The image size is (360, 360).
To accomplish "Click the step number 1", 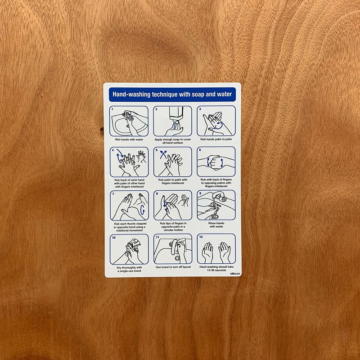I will (x=112, y=109).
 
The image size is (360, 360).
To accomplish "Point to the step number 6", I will (x=200, y=150).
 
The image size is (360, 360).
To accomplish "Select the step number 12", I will (x=201, y=237).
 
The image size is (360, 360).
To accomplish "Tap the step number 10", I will (x=114, y=237).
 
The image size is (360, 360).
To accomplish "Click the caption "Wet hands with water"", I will (x=129, y=139).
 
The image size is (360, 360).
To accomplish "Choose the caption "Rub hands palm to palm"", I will (x=216, y=139).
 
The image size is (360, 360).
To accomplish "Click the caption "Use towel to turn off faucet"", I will (x=173, y=267).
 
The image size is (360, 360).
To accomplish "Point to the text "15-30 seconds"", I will (x=216, y=271).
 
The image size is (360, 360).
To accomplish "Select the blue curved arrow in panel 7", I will (x=143, y=210).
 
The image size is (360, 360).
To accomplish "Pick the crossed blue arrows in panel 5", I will (x=162, y=157).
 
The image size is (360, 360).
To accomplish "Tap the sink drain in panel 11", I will (x=177, y=258).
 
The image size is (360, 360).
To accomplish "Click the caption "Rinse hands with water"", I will (x=216, y=225).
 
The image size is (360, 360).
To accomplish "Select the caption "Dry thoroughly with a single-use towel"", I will (x=129, y=269).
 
